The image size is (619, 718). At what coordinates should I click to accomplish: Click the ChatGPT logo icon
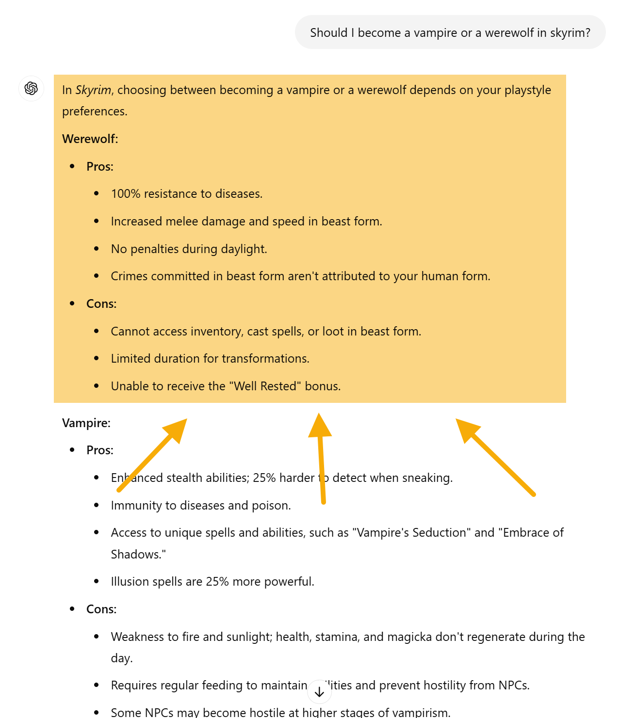pyautogui.click(x=32, y=88)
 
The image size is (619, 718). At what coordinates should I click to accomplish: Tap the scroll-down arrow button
pyautogui.click(x=319, y=692)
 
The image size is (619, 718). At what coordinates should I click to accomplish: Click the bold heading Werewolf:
pyautogui.click(x=90, y=139)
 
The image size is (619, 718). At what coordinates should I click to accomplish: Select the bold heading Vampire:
pyautogui.click(x=86, y=423)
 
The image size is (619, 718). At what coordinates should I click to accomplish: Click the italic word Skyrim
pyautogui.click(x=93, y=90)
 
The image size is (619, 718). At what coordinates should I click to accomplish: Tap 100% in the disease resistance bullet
pyautogui.click(x=126, y=194)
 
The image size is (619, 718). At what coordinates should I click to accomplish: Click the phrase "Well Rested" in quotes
pyautogui.click(x=265, y=386)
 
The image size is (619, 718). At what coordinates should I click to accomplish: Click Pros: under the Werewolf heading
pyautogui.click(x=100, y=167)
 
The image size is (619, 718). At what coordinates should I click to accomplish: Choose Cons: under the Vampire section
pyautogui.click(x=101, y=609)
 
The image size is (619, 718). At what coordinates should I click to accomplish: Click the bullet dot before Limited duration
pyautogui.click(x=97, y=359)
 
